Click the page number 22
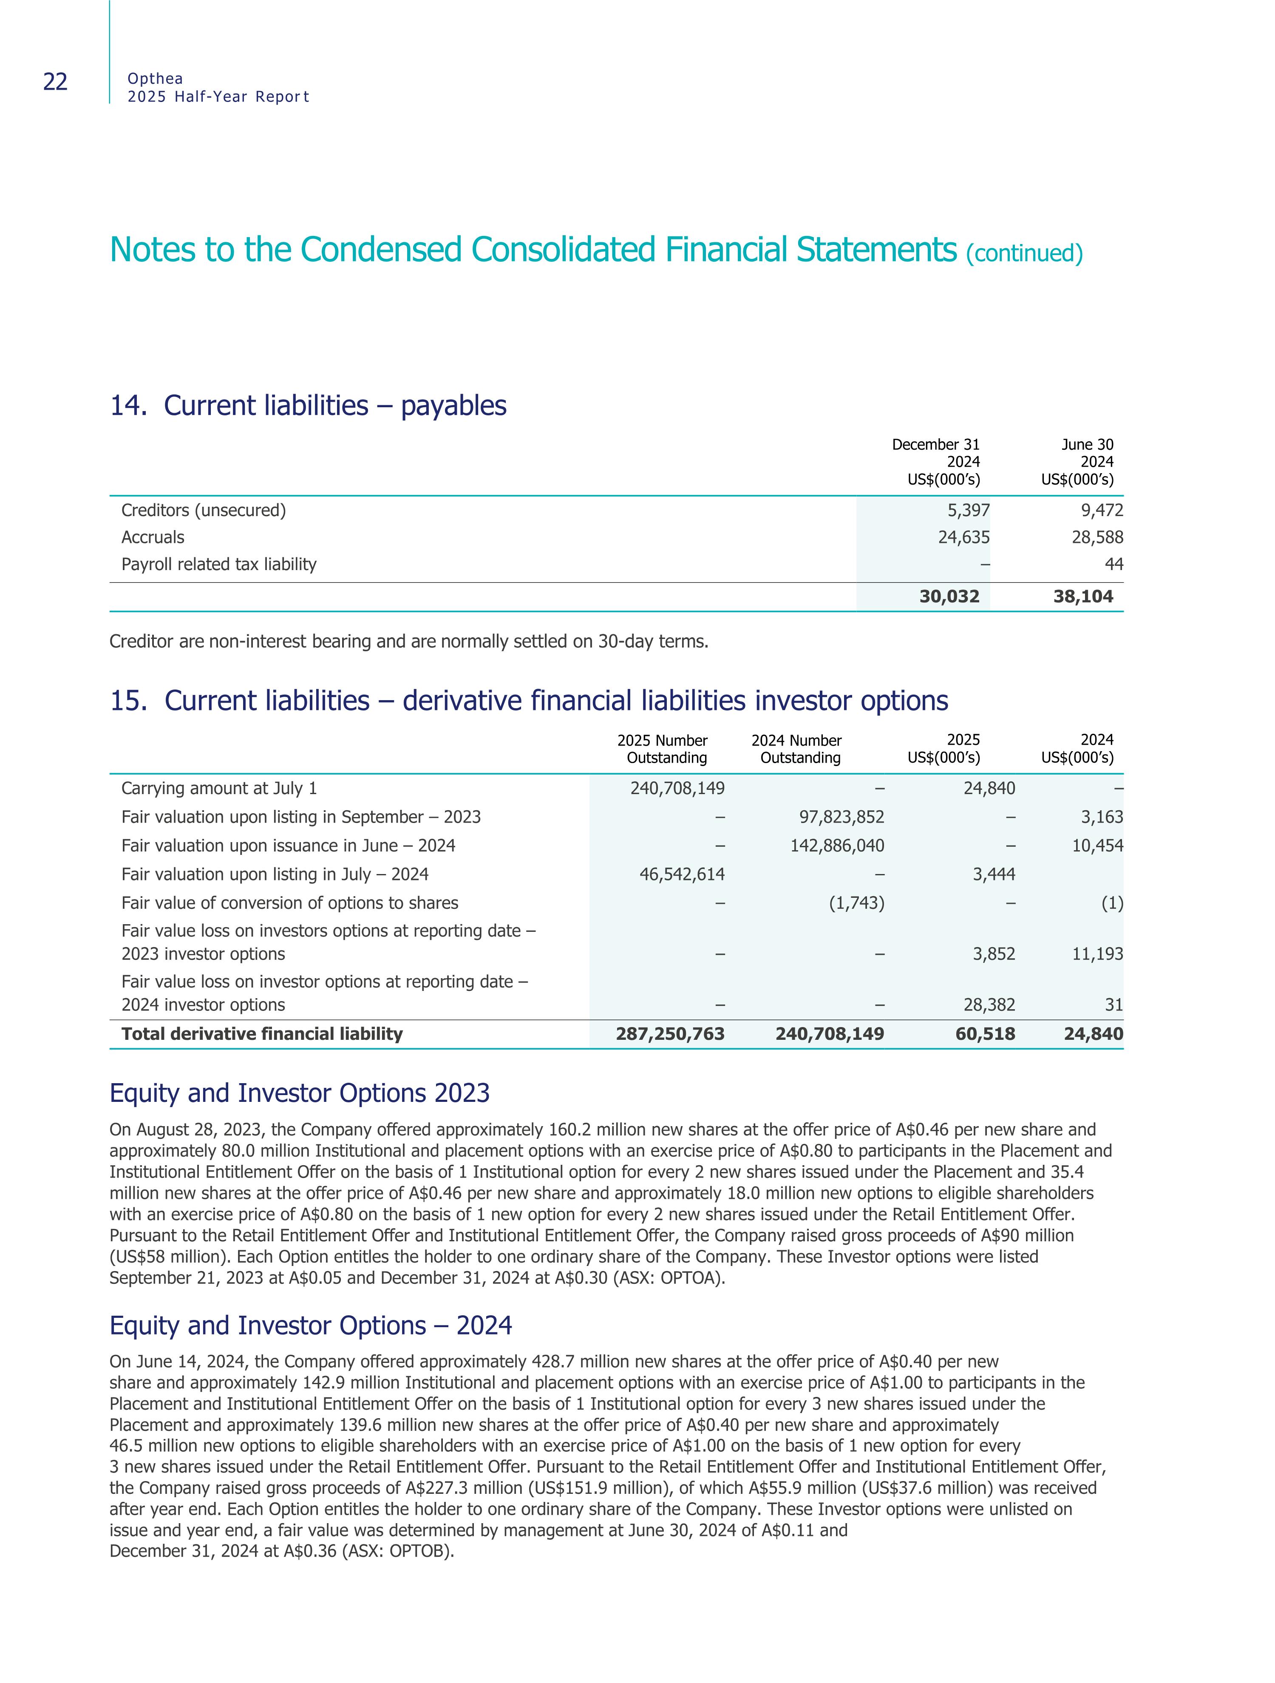click(56, 82)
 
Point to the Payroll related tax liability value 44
click(1114, 565)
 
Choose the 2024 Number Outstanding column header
click(796, 749)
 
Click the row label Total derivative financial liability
click(262, 1034)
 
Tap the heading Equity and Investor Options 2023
click(300, 1093)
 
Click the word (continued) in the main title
click(1024, 253)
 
